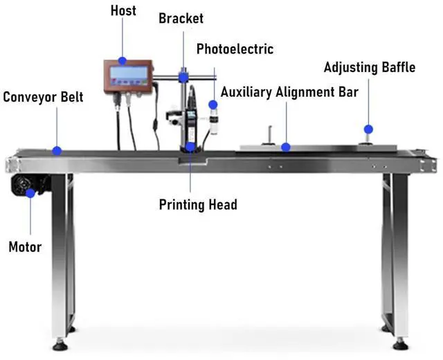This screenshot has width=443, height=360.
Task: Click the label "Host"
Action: coord(123,11)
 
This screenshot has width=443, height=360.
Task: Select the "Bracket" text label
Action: coord(181,18)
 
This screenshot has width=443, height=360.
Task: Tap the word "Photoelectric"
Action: coord(235,49)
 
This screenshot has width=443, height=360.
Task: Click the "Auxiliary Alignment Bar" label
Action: coord(289,92)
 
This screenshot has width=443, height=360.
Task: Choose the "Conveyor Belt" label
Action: coord(43,96)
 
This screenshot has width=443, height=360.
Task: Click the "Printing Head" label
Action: coord(198,204)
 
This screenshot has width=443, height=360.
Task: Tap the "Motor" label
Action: coord(25,246)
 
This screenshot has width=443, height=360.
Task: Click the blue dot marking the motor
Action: coord(30,193)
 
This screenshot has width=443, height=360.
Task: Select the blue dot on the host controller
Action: coord(123,61)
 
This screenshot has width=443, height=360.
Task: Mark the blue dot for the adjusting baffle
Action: coord(369,129)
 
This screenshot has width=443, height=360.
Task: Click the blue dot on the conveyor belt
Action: coord(57,150)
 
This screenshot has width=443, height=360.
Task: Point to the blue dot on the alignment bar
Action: coord(284,147)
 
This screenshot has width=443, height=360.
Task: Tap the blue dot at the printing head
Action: coord(190,147)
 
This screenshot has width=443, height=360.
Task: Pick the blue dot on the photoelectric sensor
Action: coord(213,104)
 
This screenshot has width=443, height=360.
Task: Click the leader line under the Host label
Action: coord(123,38)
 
